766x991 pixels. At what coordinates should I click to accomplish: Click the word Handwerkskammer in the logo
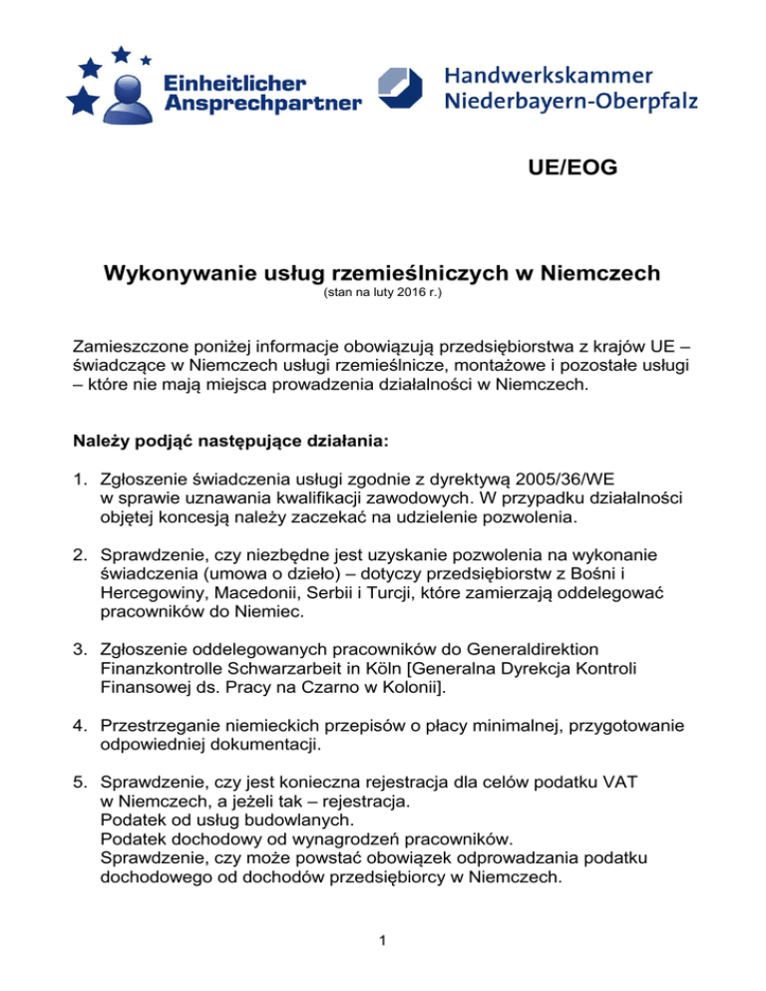[548, 76]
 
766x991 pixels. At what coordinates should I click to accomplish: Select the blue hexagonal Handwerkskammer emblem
[404, 90]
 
